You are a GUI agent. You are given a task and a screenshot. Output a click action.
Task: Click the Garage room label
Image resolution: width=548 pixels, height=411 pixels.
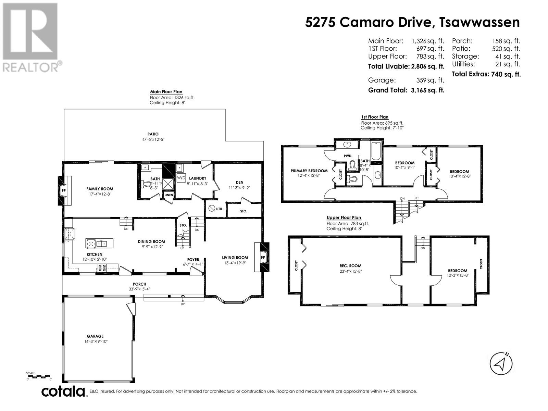pyautogui.click(x=95, y=336)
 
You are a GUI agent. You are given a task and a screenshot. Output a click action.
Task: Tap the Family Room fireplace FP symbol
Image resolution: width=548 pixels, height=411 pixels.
pyautogui.click(x=64, y=191)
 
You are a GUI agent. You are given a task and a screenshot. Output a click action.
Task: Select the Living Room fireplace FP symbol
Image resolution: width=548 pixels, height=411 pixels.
pyautogui.click(x=263, y=257)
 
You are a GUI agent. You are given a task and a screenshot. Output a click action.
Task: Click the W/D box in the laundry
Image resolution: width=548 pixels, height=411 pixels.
pyautogui.click(x=181, y=178)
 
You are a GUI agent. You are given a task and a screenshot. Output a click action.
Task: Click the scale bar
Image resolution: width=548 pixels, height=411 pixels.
pyautogui.click(x=38, y=376)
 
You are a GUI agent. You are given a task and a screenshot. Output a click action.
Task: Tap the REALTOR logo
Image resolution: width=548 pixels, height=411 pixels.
pyautogui.click(x=31, y=37)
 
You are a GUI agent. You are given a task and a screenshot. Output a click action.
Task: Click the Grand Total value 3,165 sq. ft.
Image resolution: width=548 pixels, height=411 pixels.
pyautogui.click(x=428, y=90)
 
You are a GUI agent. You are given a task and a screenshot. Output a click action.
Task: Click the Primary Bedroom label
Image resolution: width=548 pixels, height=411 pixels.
pyautogui.click(x=309, y=171)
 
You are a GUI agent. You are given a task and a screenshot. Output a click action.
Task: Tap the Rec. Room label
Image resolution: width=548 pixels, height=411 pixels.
pyautogui.click(x=350, y=266)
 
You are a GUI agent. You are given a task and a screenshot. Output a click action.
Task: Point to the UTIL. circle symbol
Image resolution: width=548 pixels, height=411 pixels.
pyautogui.click(x=212, y=208)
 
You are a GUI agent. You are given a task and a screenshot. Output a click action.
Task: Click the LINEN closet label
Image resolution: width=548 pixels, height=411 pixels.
pyautogui.click(x=169, y=195)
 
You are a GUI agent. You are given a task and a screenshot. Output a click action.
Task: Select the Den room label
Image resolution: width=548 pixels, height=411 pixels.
pyautogui.click(x=239, y=183)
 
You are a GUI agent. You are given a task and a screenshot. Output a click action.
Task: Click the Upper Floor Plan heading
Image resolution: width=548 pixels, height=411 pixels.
pyautogui.click(x=344, y=217)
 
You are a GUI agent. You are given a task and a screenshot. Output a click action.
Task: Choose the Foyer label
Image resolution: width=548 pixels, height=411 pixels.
pyautogui.click(x=193, y=260)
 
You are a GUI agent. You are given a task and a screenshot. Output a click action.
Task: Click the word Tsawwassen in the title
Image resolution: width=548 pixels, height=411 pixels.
pyautogui.click(x=480, y=23)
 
